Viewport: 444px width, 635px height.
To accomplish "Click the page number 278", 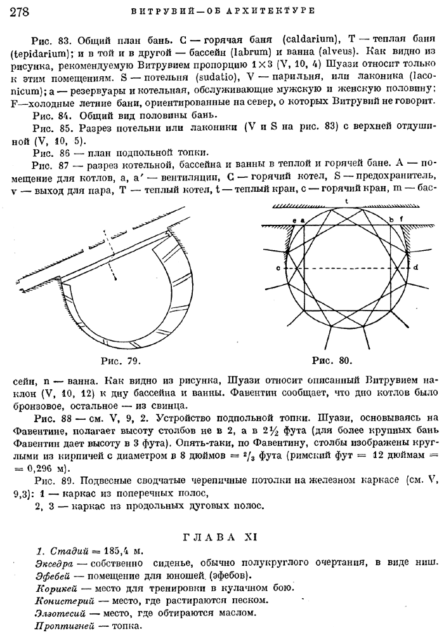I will click(x=22, y=11).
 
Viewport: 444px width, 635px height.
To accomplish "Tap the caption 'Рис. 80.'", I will click(x=332, y=361).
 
